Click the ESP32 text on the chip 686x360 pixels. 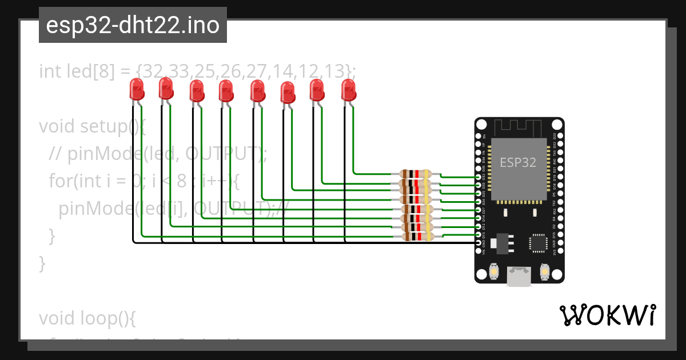click(x=518, y=162)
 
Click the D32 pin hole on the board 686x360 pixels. click(x=479, y=178)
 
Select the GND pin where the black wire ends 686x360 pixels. click(x=479, y=243)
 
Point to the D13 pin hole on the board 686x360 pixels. click(x=479, y=235)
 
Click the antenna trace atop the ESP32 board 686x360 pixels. click(x=519, y=126)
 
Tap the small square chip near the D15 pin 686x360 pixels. click(x=537, y=243)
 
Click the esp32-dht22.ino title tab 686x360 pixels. click(x=133, y=25)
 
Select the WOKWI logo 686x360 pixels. click(x=607, y=315)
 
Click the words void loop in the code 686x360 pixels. click(x=86, y=318)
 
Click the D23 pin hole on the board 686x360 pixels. click(x=558, y=137)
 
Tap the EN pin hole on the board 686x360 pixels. click(x=479, y=137)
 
